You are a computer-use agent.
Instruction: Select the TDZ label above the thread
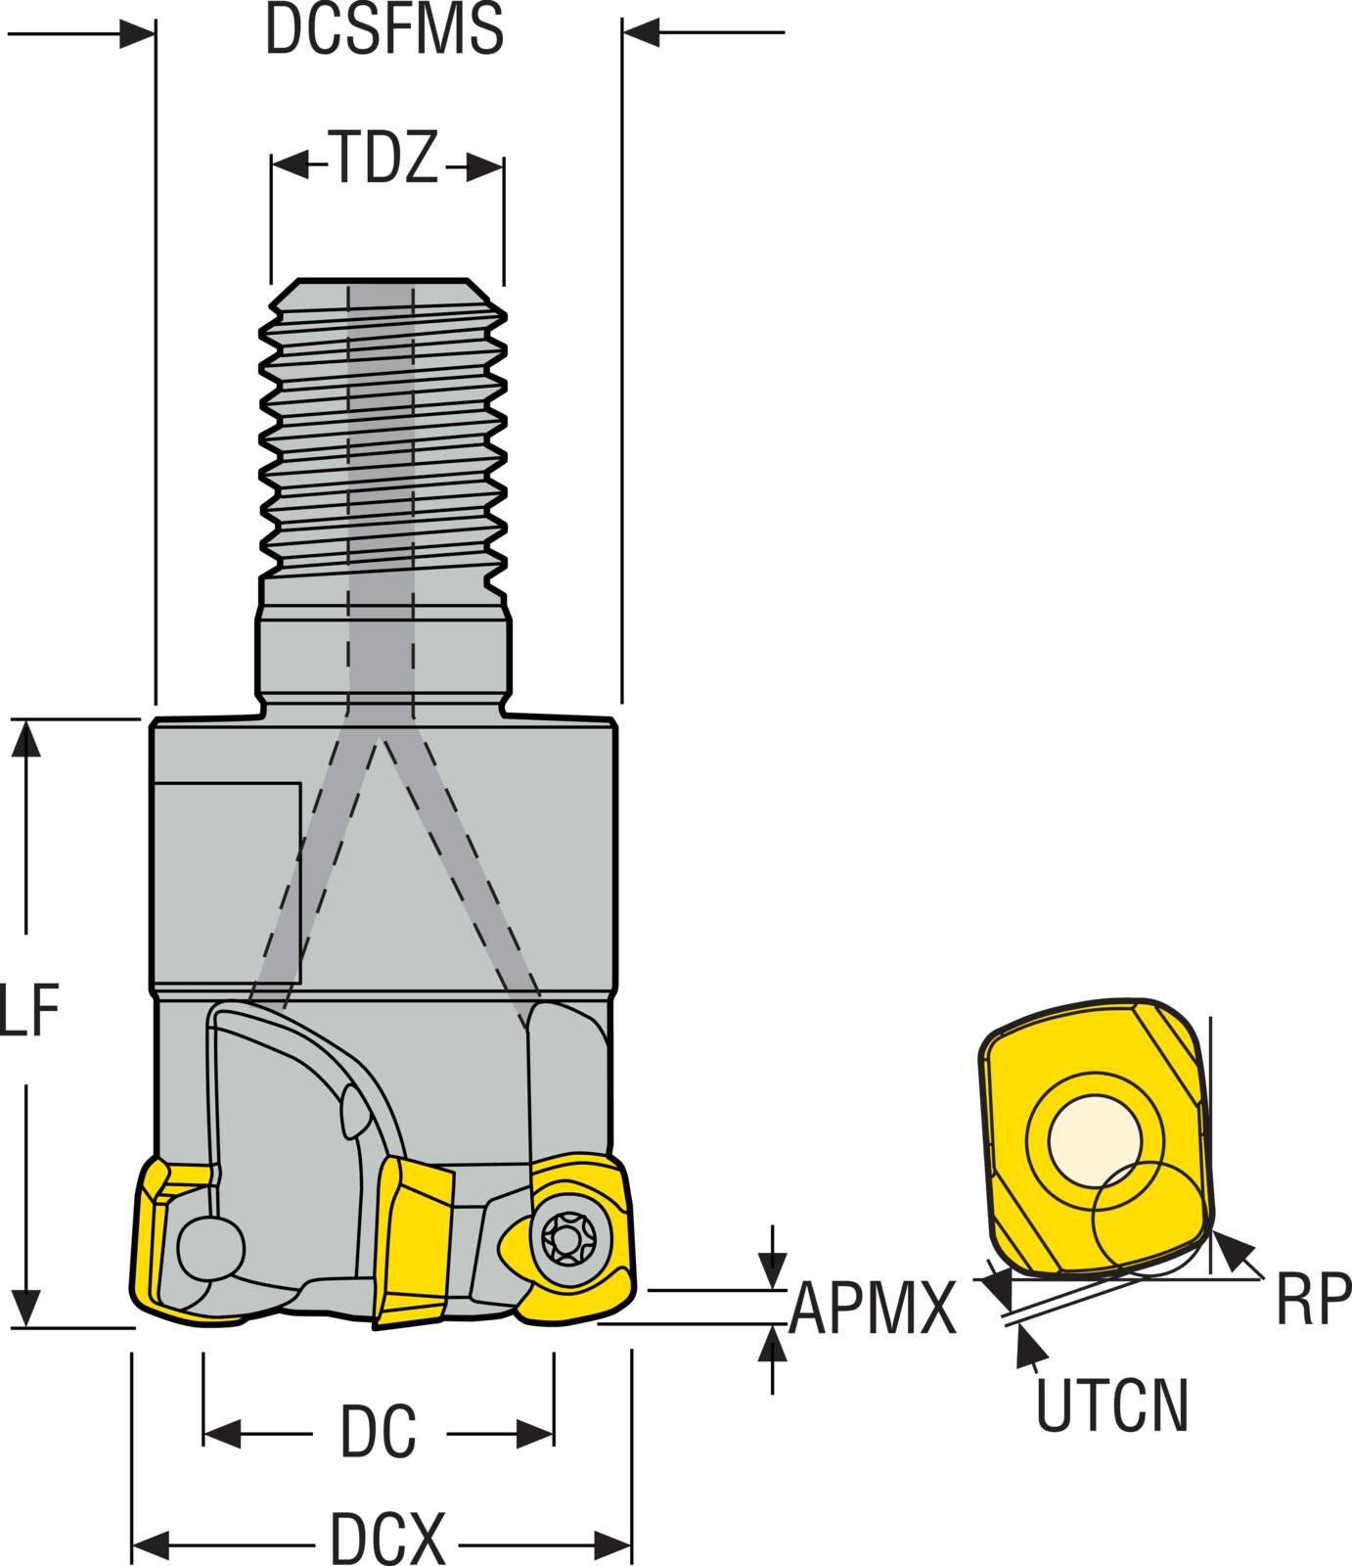tap(385, 160)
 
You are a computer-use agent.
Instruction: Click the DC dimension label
tap(378, 1431)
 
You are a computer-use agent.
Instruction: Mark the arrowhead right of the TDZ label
tap(486, 167)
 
